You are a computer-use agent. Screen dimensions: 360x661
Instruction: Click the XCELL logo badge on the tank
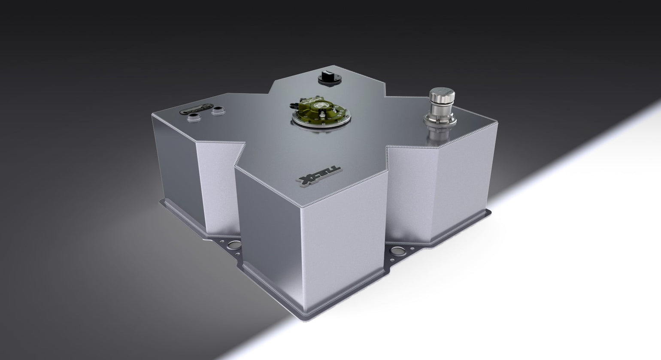click(321, 177)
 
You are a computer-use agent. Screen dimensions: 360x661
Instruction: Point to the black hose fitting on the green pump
click(293, 104)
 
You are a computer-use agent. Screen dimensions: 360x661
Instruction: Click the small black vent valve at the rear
click(326, 78)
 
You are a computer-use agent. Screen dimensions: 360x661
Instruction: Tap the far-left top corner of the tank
click(152, 115)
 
